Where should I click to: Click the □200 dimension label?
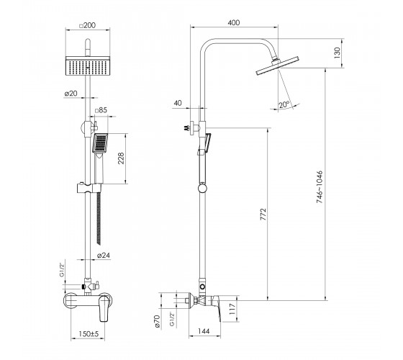pos(88,25)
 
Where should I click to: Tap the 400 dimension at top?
pos(234,22)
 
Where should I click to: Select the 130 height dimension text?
pos(337,53)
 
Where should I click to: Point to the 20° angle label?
pos(284,104)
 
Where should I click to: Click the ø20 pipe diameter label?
pos(71,94)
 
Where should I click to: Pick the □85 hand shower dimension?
pos(101,110)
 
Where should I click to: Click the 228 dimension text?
pos(121,158)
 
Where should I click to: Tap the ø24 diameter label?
pos(104,256)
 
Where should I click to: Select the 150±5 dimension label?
pos(89,334)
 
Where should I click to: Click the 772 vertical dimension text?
pos(263,215)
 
